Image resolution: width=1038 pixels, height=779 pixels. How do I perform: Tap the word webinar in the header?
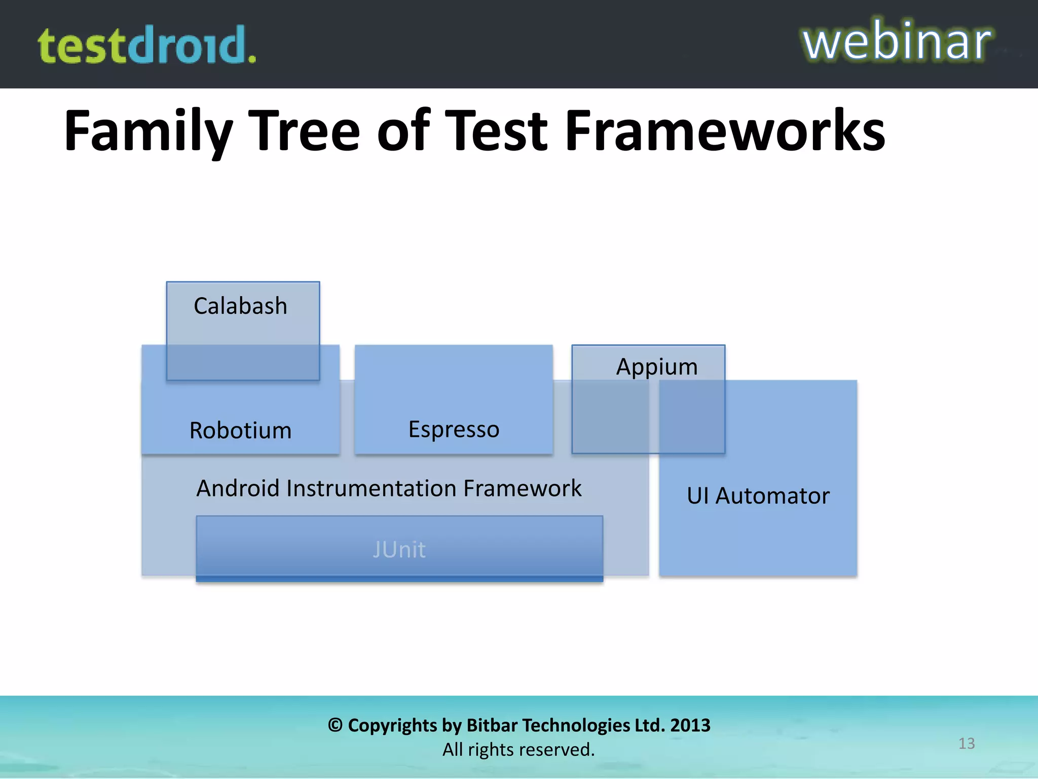coord(896,42)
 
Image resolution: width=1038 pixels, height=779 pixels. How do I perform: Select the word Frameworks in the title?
coord(725,131)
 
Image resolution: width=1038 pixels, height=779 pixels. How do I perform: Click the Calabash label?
coord(240,306)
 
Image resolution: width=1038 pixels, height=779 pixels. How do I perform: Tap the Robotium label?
coord(240,431)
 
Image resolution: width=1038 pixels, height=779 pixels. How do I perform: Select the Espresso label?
coord(454,430)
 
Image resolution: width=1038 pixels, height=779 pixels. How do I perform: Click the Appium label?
coord(656,367)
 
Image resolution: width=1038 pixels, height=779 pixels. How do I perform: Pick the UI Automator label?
coord(758,495)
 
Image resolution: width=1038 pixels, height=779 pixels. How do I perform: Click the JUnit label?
coord(399,550)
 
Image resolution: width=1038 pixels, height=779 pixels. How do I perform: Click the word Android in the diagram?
coord(238,488)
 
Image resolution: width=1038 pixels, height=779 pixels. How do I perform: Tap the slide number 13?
coord(966,743)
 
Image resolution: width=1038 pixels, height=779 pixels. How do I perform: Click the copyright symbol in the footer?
coord(335,725)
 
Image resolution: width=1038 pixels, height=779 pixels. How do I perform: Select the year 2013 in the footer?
coord(690,725)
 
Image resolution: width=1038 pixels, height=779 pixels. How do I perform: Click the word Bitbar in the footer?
coord(490,725)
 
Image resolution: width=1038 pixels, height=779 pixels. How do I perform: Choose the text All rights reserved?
coord(518,750)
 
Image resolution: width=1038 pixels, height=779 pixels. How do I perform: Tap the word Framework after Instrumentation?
coord(522,488)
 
